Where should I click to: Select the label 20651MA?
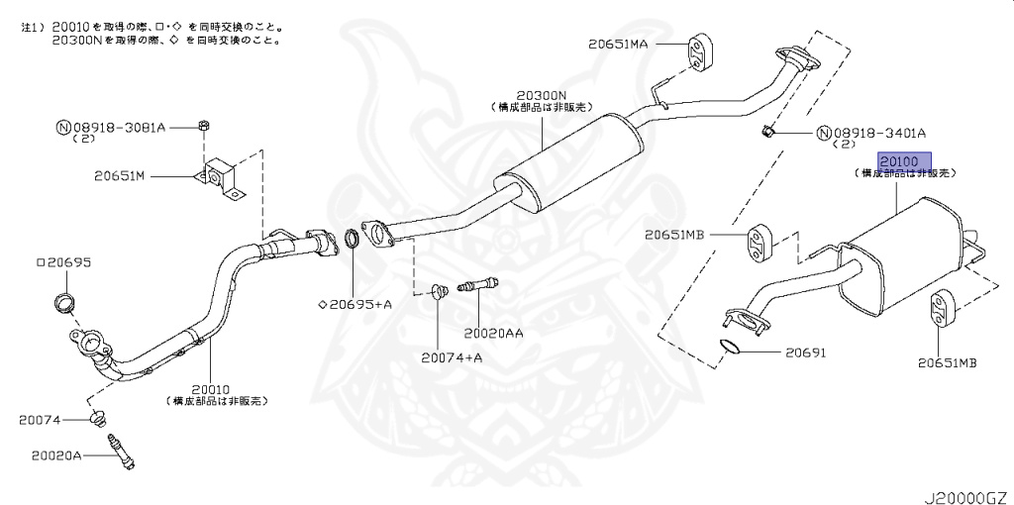click(x=643, y=44)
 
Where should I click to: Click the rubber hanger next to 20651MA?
click(x=700, y=50)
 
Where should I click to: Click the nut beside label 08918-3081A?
click(x=203, y=126)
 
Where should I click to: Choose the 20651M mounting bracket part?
click(x=222, y=177)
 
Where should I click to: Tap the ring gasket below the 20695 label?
click(x=62, y=301)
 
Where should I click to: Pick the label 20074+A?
click(x=451, y=356)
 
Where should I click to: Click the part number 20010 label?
click(x=216, y=390)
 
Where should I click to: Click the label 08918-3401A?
click(x=878, y=133)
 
